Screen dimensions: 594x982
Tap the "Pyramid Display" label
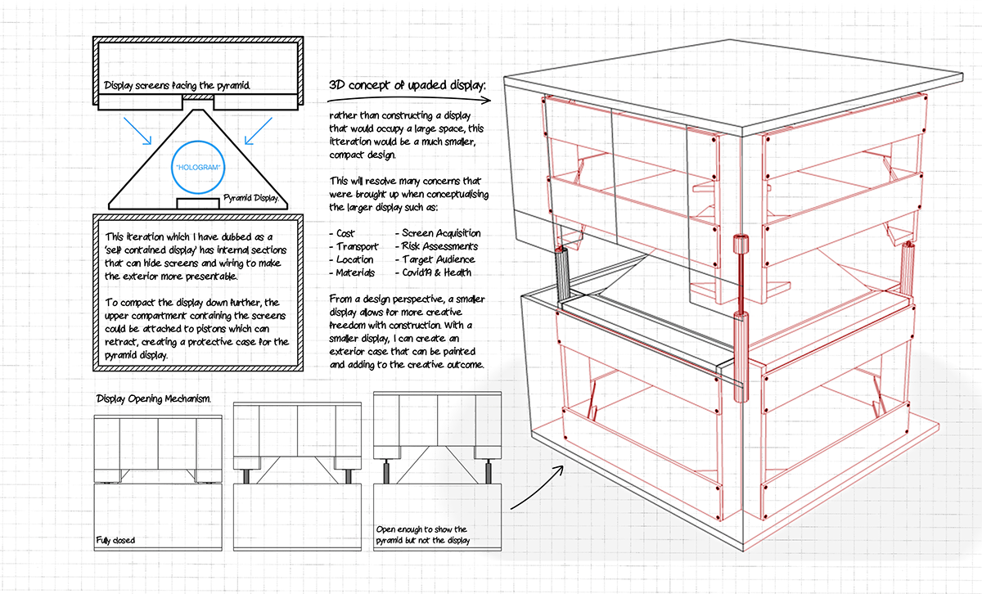[251, 198]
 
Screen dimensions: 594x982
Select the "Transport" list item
[354, 246]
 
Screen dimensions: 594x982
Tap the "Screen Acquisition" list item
[442, 233]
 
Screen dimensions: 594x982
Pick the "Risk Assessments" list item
[439, 246]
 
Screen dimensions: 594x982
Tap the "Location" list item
[354, 259]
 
